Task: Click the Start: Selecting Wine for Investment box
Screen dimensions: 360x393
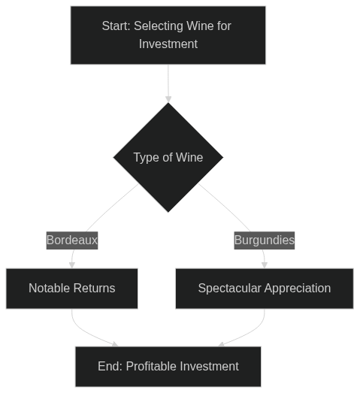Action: click(x=168, y=35)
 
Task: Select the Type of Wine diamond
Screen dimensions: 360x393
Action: click(x=168, y=157)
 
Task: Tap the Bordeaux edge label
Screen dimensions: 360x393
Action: click(x=72, y=240)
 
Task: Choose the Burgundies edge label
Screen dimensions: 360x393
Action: click(x=265, y=240)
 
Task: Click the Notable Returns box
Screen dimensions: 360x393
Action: click(x=72, y=289)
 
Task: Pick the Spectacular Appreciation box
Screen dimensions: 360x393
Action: click(x=265, y=289)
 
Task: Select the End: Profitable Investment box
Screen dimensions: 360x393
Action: click(x=168, y=367)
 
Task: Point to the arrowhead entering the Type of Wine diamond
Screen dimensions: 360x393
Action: click(x=168, y=99)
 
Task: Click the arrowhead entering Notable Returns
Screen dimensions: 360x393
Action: click(x=72, y=265)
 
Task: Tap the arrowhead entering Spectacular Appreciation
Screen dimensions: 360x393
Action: click(x=265, y=265)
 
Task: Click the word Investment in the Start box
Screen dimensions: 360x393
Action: click(x=168, y=44)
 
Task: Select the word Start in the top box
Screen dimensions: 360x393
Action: click(x=116, y=26)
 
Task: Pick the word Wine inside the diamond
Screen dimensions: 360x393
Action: click(x=189, y=157)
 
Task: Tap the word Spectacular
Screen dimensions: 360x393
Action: click(x=230, y=289)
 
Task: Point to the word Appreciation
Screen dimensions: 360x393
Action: click(x=298, y=289)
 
